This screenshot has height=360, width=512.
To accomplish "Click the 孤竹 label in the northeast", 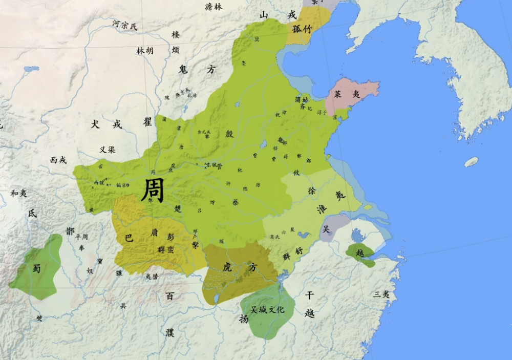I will tap(302, 29).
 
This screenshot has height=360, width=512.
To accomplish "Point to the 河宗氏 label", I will tap(125, 24).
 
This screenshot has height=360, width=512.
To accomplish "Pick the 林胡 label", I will tap(144, 51).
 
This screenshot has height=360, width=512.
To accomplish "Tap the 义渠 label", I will tap(107, 150).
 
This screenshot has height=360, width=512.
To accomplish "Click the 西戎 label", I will tap(58, 160).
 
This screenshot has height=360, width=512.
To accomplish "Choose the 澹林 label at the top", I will tap(214, 7).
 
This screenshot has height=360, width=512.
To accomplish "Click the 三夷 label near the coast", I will tap(381, 294).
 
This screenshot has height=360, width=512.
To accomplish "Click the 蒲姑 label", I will tap(302, 100).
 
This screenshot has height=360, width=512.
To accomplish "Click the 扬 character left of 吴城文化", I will tap(244, 318).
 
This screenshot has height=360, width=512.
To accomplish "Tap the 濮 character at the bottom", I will tap(170, 332).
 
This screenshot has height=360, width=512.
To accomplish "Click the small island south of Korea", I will tap(471, 162).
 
